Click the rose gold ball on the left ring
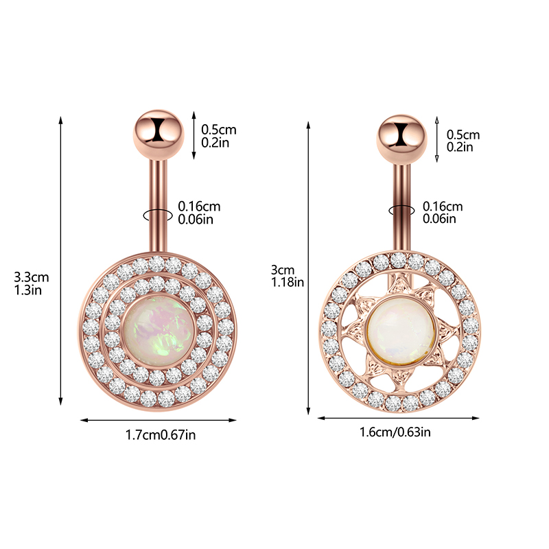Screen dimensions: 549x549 159,135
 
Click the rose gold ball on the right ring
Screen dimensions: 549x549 401,139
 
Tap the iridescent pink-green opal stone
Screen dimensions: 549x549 159,335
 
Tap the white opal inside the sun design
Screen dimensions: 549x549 401,330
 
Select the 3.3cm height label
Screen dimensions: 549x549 31,277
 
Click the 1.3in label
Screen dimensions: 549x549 27,290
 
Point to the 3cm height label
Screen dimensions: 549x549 283,270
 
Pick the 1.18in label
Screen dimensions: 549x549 288,282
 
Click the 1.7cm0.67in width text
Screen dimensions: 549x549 161,435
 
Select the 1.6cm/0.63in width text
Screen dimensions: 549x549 395,432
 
